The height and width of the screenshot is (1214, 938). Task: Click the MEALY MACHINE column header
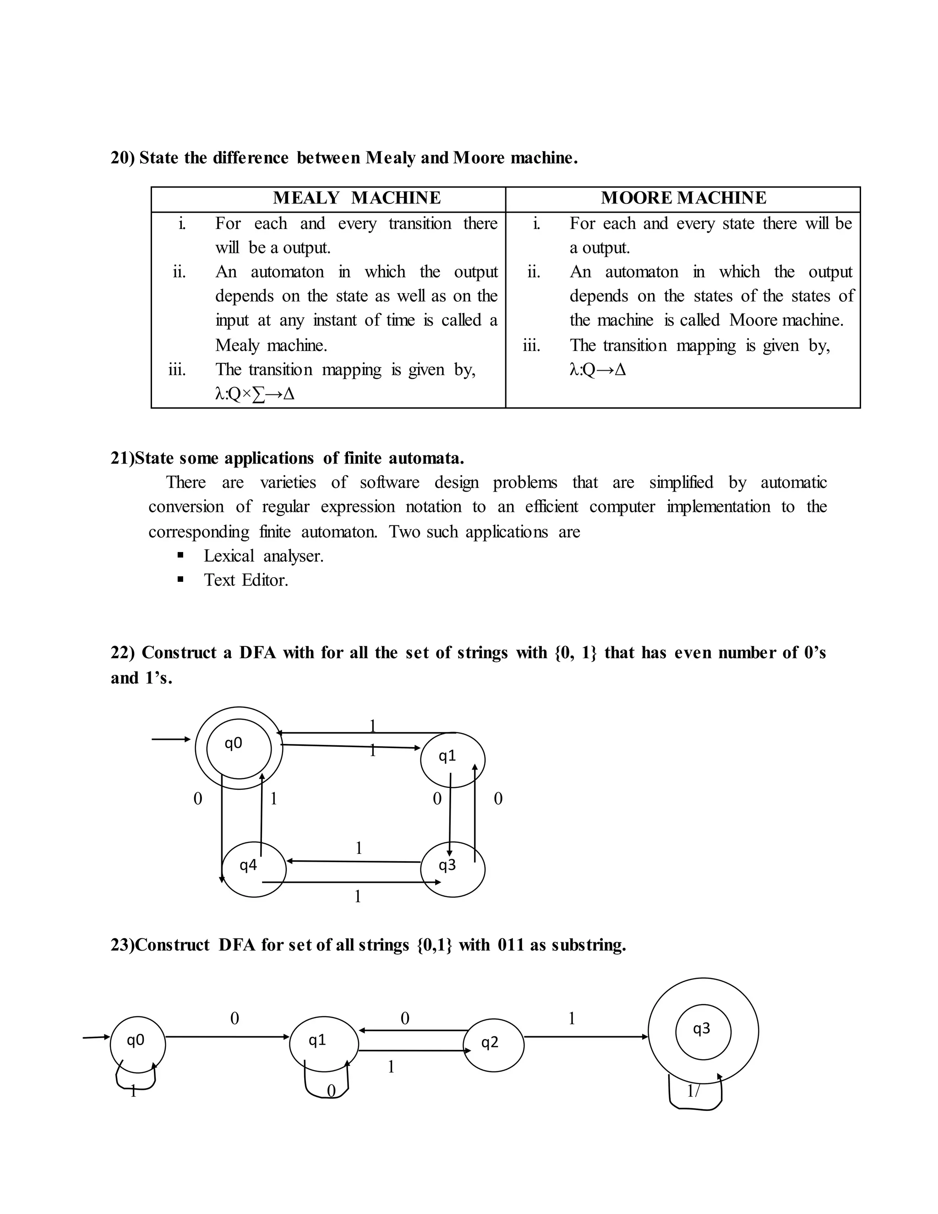pyautogui.click(x=357, y=198)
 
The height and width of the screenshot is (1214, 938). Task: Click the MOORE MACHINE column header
pyautogui.click(x=683, y=198)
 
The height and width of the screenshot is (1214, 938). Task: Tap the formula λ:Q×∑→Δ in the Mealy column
pyautogui.click(x=255, y=394)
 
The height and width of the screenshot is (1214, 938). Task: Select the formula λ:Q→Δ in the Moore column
pyautogui.click(x=597, y=370)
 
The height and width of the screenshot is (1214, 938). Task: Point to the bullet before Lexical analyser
pyautogui.click(x=180, y=555)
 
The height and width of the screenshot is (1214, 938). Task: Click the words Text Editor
pyautogui.click(x=245, y=580)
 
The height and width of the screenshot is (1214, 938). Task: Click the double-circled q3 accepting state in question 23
pyautogui.click(x=703, y=1032)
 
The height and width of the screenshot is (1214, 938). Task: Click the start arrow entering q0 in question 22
pyautogui.click(x=170, y=739)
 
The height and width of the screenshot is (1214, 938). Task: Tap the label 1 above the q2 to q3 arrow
pyautogui.click(x=571, y=1018)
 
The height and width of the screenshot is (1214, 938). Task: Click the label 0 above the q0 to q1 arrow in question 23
pyautogui.click(x=234, y=1018)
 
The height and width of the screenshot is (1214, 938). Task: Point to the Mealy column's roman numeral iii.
pyautogui.click(x=177, y=370)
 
